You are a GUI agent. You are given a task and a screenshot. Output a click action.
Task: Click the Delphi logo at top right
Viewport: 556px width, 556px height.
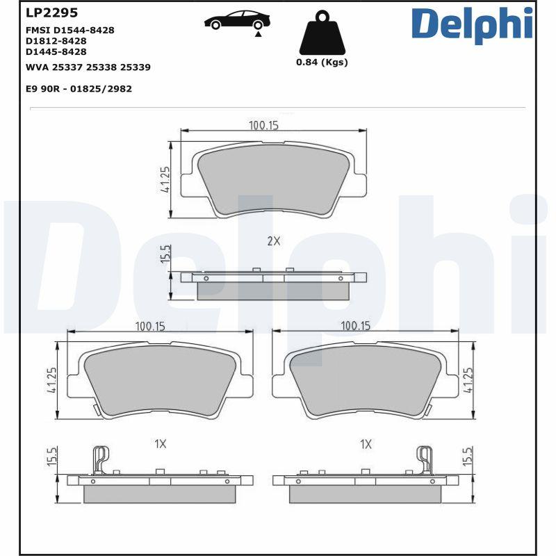click(472, 24)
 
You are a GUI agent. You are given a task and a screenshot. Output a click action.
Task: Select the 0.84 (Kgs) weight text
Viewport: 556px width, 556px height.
click(322, 62)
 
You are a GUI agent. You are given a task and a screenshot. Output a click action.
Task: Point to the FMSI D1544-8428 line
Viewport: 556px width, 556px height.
click(69, 30)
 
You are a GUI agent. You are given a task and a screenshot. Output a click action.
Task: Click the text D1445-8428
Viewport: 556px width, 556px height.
click(56, 51)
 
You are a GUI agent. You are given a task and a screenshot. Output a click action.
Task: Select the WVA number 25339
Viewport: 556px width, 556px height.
click(136, 67)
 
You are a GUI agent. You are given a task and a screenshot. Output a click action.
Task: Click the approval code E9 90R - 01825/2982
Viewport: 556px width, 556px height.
click(79, 89)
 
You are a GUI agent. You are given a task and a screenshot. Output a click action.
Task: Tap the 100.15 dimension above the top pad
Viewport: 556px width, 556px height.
click(263, 125)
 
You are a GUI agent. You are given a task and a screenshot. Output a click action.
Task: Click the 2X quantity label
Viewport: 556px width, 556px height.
click(273, 241)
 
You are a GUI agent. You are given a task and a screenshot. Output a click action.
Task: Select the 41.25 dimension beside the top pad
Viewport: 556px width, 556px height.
click(165, 180)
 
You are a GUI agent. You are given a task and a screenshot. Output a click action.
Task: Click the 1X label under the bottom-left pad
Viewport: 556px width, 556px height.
click(161, 443)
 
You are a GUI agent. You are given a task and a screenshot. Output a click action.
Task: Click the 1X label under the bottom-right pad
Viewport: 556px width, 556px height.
click(366, 443)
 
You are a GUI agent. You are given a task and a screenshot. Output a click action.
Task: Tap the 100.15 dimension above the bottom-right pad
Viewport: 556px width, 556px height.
click(354, 325)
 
